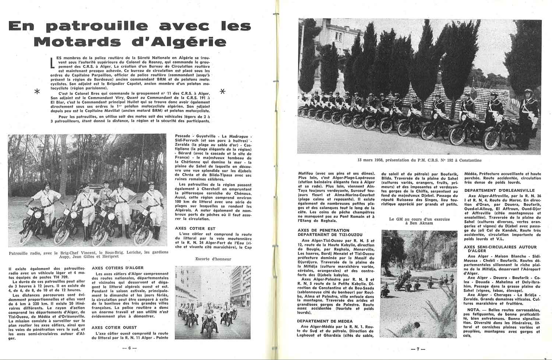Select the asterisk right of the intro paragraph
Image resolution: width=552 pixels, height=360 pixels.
click(x=222, y=92)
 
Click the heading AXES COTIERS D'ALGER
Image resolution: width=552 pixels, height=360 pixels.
click(x=117, y=268)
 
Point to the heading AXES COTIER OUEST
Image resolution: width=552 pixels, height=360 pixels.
click(x=114, y=327)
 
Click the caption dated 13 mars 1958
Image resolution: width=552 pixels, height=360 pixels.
click(x=419, y=160)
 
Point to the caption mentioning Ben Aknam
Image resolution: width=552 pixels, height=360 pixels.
click(x=419, y=221)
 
